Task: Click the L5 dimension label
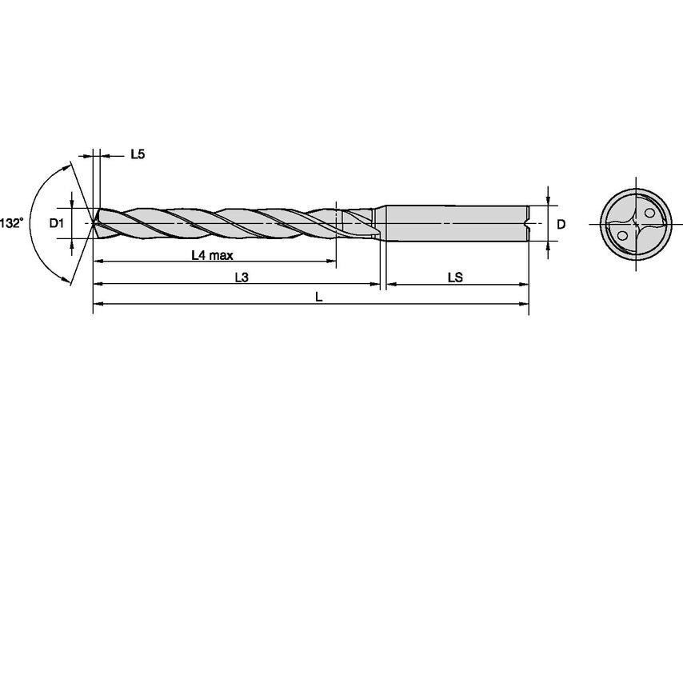(137, 154)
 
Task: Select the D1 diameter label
(55, 224)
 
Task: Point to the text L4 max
(211, 255)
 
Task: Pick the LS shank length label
(455, 278)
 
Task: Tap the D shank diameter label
(561, 225)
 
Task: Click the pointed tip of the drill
(94, 224)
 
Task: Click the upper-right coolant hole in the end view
(647, 213)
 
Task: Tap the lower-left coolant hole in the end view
(621, 235)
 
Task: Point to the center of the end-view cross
(634, 224)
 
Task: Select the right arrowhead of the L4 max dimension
(331, 262)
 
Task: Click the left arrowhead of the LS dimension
(392, 284)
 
